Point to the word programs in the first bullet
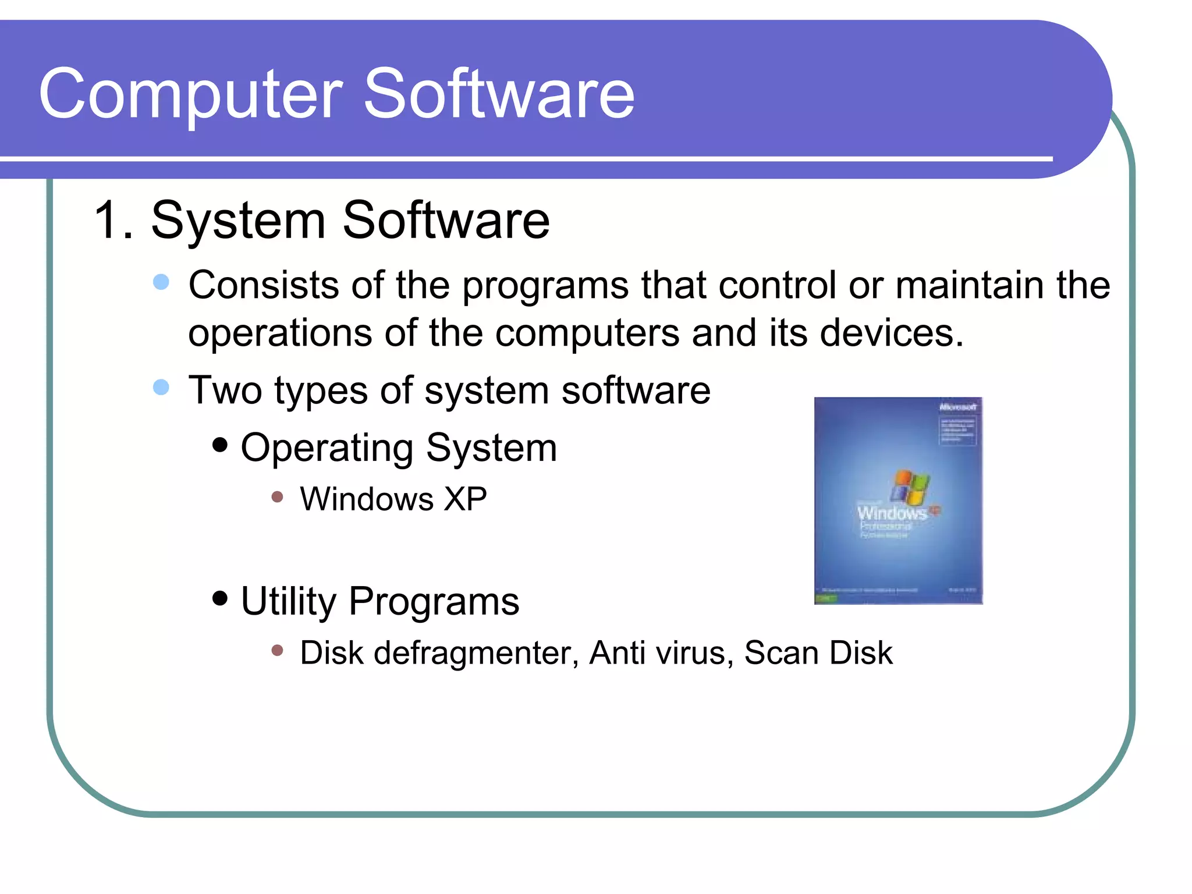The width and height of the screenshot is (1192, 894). click(x=545, y=286)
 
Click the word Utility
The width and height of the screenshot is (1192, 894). click(x=288, y=602)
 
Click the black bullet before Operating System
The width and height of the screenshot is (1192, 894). click(x=220, y=445)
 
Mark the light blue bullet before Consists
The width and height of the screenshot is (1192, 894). click(x=161, y=282)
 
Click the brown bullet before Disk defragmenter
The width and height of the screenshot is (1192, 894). click(x=277, y=650)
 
